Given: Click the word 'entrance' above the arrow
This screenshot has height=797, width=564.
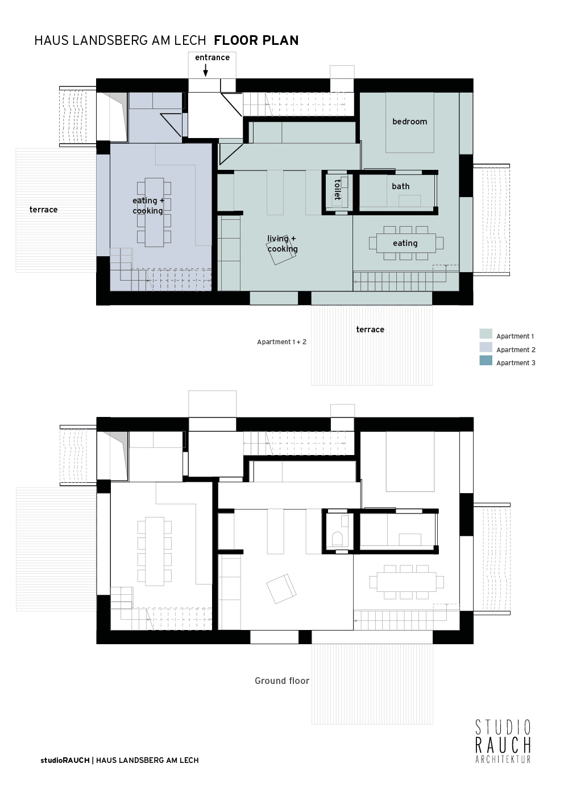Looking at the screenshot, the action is point(212,57).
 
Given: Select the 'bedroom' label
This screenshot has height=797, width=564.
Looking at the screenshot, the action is point(409,122).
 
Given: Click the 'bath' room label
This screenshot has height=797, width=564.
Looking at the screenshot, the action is point(401,186).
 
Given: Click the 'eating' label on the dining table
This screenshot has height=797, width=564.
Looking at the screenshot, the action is point(405,243).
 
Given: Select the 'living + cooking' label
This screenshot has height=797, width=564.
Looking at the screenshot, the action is point(283,244).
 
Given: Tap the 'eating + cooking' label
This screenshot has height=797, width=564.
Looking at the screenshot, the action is point(148,206).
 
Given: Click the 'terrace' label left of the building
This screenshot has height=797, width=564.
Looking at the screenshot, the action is point(43,210).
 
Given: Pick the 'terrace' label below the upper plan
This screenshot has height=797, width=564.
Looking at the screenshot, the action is point(370,329).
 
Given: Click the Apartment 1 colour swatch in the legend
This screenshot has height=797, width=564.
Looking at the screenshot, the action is point(486,334).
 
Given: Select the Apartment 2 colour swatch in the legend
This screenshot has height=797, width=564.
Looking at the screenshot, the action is point(486,347).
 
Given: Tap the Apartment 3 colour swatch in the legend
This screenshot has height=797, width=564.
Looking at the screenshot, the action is point(486,360).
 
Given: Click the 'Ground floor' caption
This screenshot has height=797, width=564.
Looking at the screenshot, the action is point(282,681).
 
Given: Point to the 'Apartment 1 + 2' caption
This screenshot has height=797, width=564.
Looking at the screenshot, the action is point(281,342).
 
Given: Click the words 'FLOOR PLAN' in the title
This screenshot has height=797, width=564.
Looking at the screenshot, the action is point(256,40).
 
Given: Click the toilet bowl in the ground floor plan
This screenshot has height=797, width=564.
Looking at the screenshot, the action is point(337,539).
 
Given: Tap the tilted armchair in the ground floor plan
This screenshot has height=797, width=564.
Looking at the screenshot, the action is point(281,589).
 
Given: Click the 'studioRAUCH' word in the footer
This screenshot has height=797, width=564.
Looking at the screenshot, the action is point(65,760).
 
